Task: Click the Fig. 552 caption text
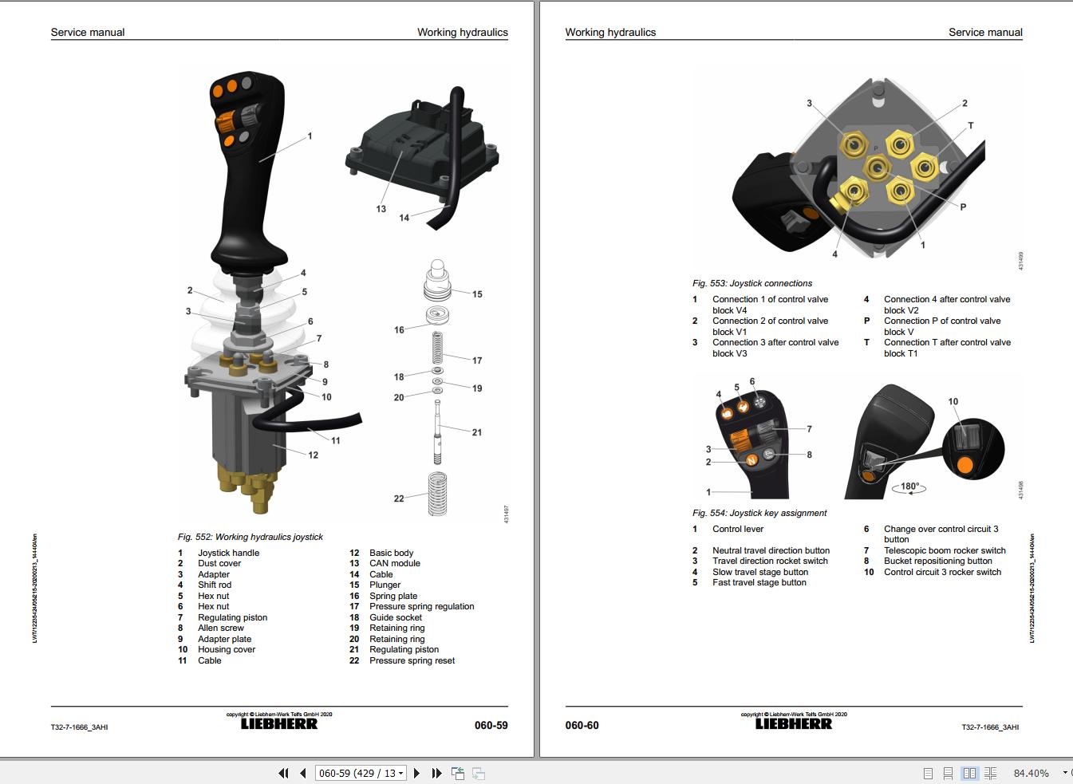[x=250, y=537]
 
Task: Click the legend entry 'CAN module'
[x=394, y=563]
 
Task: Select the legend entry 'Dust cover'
[x=219, y=563]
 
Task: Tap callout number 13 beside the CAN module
[x=381, y=209]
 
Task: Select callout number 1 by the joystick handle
[x=310, y=136]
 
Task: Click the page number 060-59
[x=491, y=725]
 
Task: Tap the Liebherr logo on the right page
[x=793, y=724]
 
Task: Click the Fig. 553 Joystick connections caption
[x=751, y=283]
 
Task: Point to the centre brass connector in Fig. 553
[x=878, y=167]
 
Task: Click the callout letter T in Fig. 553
[x=971, y=126]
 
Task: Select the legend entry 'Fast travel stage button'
[x=759, y=582]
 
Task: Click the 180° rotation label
[x=909, y=486]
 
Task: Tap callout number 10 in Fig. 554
[x=953, y=402]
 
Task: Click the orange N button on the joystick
[x=750, y=460]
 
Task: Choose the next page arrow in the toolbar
[x=416, y=773]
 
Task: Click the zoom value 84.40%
[x=1031, y=773]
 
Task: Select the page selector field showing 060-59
[x=361, y=773]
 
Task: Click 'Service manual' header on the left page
[x=88, y=33]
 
